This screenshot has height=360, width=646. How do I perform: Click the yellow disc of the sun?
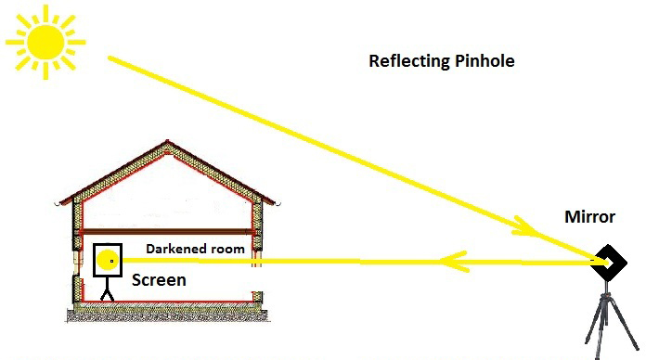45,42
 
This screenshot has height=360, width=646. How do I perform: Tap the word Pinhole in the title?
484,60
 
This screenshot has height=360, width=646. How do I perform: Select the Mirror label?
589,217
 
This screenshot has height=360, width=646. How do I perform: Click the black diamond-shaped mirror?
609,262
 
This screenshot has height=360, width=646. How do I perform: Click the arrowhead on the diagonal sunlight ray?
526,227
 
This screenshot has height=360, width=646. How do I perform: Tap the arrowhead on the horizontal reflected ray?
452,262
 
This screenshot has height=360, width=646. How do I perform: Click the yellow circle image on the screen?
108,260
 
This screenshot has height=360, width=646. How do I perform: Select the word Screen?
159,280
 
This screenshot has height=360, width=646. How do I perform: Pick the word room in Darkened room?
227,250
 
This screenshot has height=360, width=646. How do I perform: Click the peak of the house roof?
167,141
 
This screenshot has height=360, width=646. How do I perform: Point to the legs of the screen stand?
107,295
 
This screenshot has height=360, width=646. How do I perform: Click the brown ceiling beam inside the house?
167,232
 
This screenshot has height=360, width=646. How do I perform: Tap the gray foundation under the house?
169,315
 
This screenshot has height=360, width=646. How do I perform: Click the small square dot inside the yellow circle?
111,261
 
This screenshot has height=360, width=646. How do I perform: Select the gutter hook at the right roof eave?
278,204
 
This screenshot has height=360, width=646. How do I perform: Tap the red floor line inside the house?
167,302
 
